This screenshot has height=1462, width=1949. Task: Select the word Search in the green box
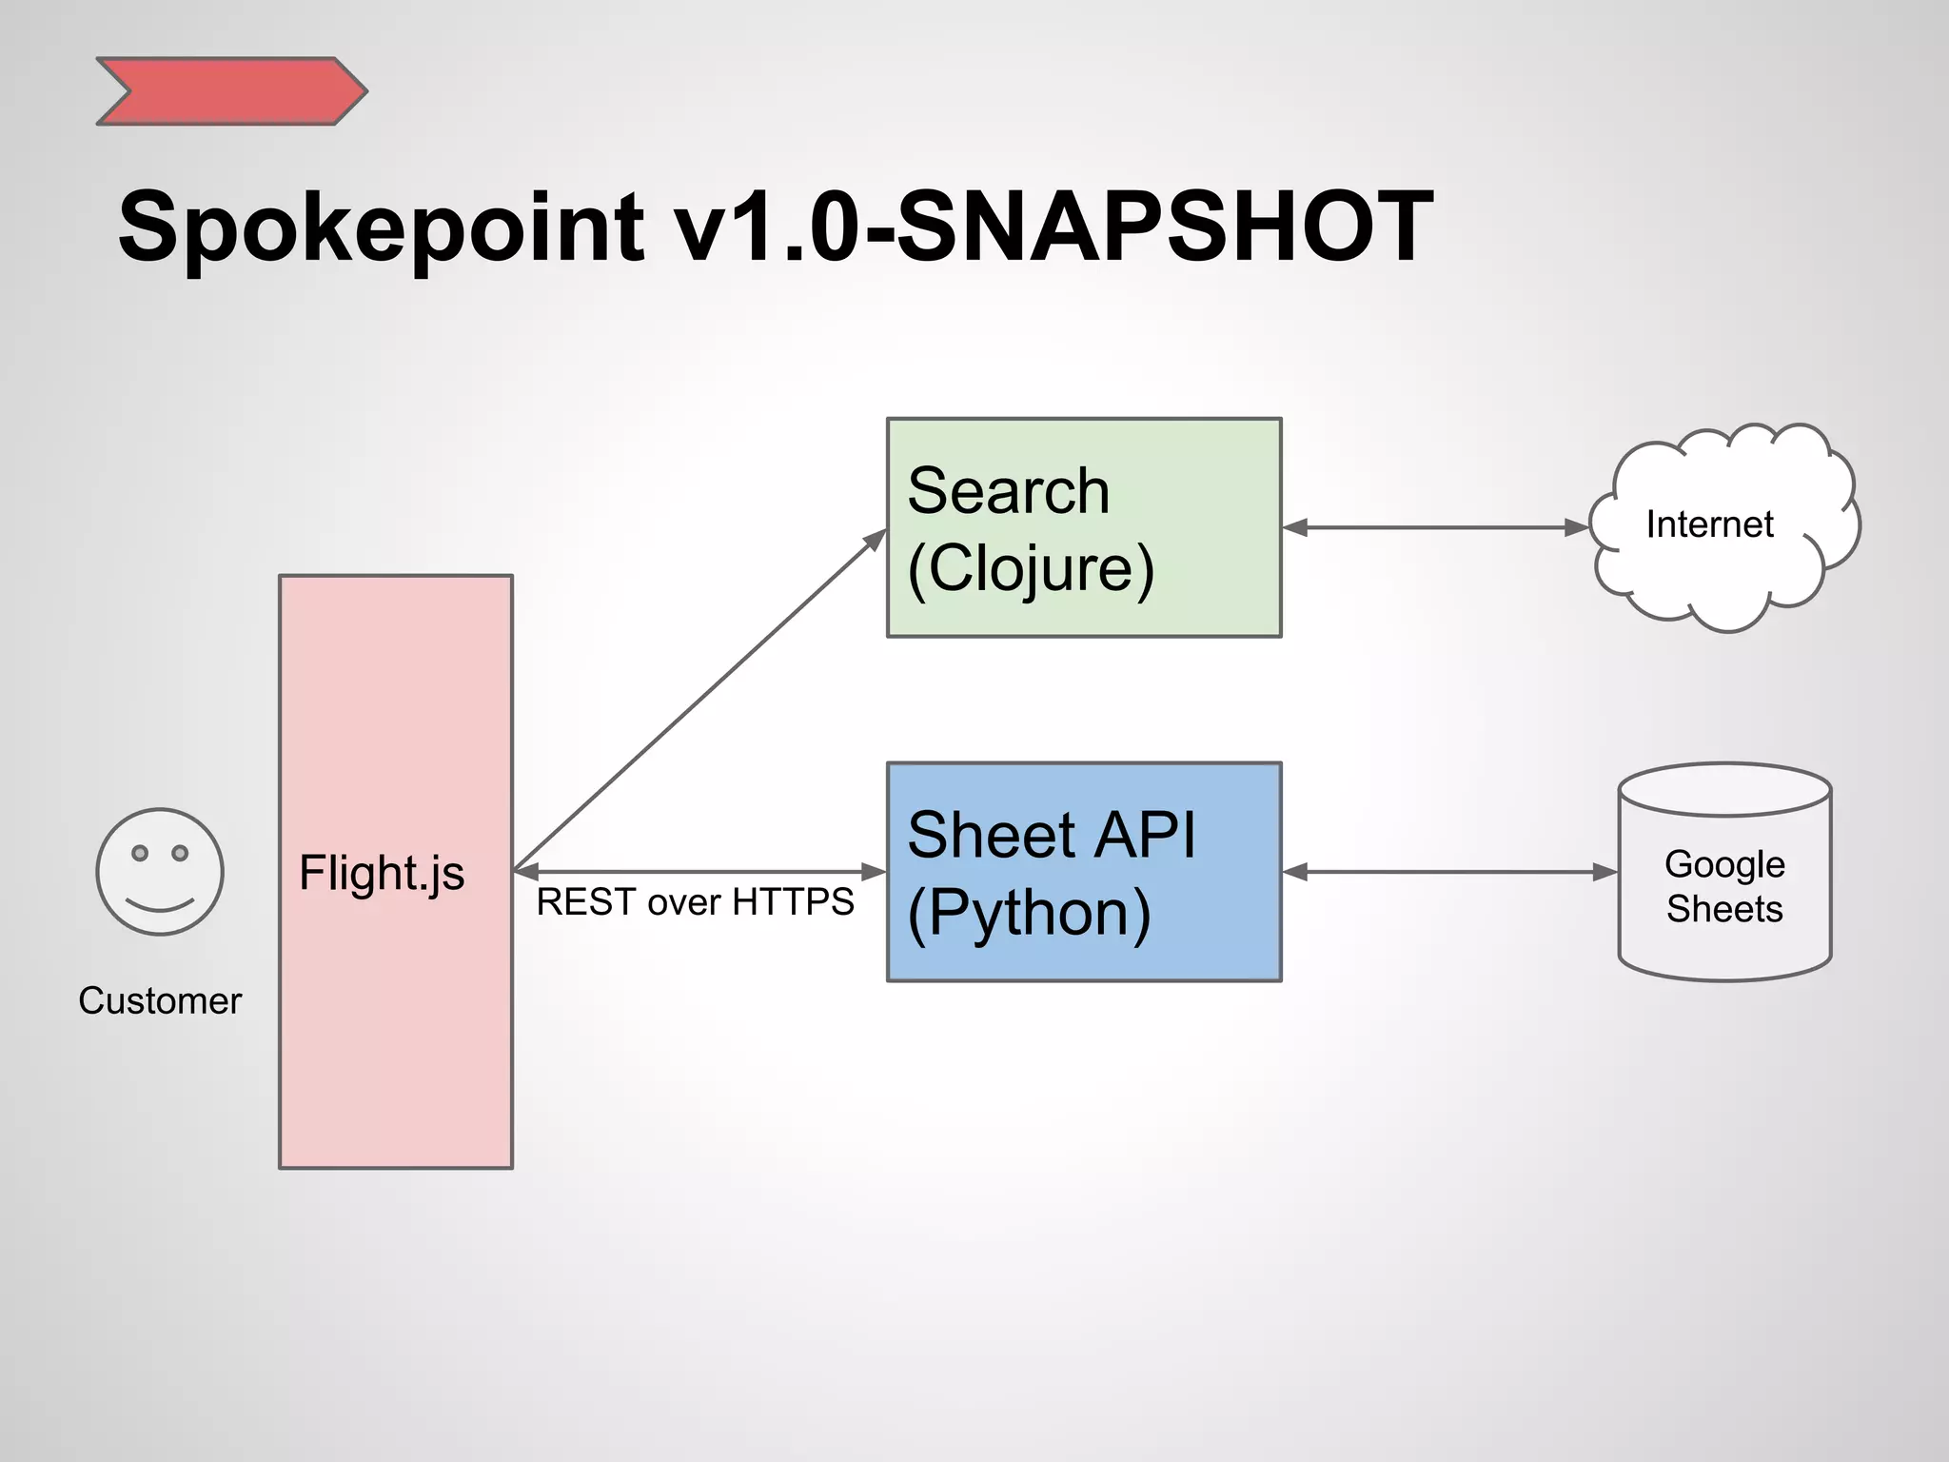click(x=1008, y=491)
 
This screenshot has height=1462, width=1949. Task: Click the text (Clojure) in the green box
click(x=1030, y=569)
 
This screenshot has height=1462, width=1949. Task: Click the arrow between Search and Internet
click(x=1435, y=527)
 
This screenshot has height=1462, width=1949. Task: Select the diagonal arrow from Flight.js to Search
click(x=699, y=700)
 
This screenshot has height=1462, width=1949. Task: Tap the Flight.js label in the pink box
click(x=382, y=873)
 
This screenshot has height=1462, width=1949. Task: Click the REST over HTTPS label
click(x=695, y=902)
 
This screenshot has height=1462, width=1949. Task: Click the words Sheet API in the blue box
click(x=1051, y=835)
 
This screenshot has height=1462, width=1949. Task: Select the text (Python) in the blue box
click(x=1029, y=913)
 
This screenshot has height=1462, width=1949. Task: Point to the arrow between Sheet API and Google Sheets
click(x=1449, y=872)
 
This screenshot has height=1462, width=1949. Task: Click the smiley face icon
click(x=160, y=872)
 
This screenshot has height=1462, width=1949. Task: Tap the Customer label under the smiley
click(x=160, y=1001)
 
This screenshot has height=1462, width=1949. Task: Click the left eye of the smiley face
click(x=140, y=853)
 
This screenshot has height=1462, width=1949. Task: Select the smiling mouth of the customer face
click(x=160, y=904)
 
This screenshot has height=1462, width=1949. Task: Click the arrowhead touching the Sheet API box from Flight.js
click(x=874, y=872)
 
